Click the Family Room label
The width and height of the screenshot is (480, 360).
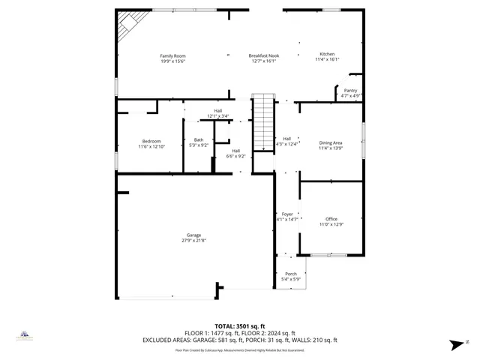coord(172,56)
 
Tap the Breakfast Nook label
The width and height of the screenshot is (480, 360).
coord(264,56)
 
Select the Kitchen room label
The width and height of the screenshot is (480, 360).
coord(328,55)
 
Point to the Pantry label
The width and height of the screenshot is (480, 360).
coord(350,91)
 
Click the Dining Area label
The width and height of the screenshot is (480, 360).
coord(331,142)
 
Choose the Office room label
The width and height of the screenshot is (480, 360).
coord(331,219)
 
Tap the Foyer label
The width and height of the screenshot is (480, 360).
coord(287,214)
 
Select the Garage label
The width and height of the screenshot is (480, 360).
coord(194,235)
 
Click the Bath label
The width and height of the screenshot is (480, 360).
coord(199,139)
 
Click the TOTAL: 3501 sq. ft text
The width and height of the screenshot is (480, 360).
coord(240,326)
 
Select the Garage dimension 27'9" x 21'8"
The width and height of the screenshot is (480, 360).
coord(194,240)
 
